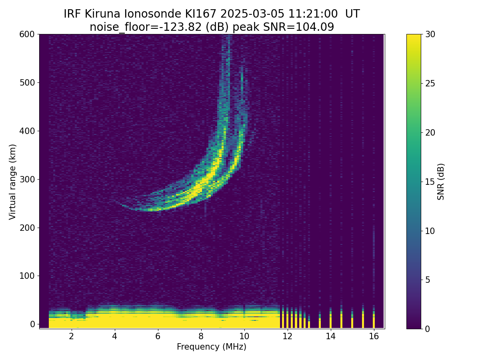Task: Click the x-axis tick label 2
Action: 71,336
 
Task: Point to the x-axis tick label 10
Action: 244,336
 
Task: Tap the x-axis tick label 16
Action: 374,336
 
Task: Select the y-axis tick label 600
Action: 27,34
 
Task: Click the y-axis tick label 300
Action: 27,180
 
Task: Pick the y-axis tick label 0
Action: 32,324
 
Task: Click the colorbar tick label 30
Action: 430,34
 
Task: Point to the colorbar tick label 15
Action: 430,182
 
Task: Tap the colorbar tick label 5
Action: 428,280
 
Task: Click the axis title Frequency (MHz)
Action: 212,347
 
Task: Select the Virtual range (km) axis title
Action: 12,182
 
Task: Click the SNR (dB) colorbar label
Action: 440,182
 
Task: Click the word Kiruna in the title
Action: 102,14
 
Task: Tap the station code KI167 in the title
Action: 200,14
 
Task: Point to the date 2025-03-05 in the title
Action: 252,14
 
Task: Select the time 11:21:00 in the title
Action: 313,14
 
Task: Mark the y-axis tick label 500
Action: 27,83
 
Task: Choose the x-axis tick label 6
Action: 158,336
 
